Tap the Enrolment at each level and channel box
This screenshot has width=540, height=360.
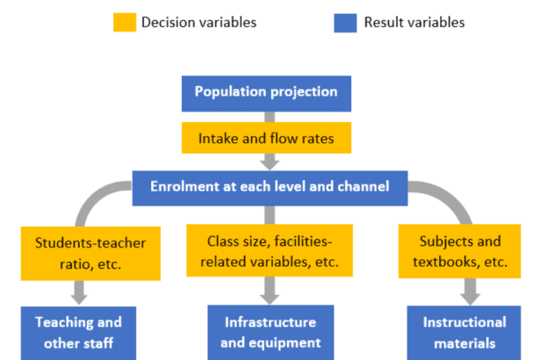click(x=270, y=186)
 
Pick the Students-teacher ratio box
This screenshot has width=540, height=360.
click(x=91, y=251)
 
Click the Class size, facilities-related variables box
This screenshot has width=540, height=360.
click(x=270, y=251)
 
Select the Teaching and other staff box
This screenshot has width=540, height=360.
click(x=79, y=332)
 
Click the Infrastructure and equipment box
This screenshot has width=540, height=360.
click(x=270, y=332)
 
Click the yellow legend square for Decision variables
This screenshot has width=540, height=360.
click(x=125, y=21)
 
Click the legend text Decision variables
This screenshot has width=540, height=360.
click(x=198, y=22)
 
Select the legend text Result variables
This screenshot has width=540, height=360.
click(x=414, y=22)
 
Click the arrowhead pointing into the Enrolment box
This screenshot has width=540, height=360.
click(x=270, y=163)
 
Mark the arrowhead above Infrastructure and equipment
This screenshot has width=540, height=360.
click(x=270, y=296)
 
